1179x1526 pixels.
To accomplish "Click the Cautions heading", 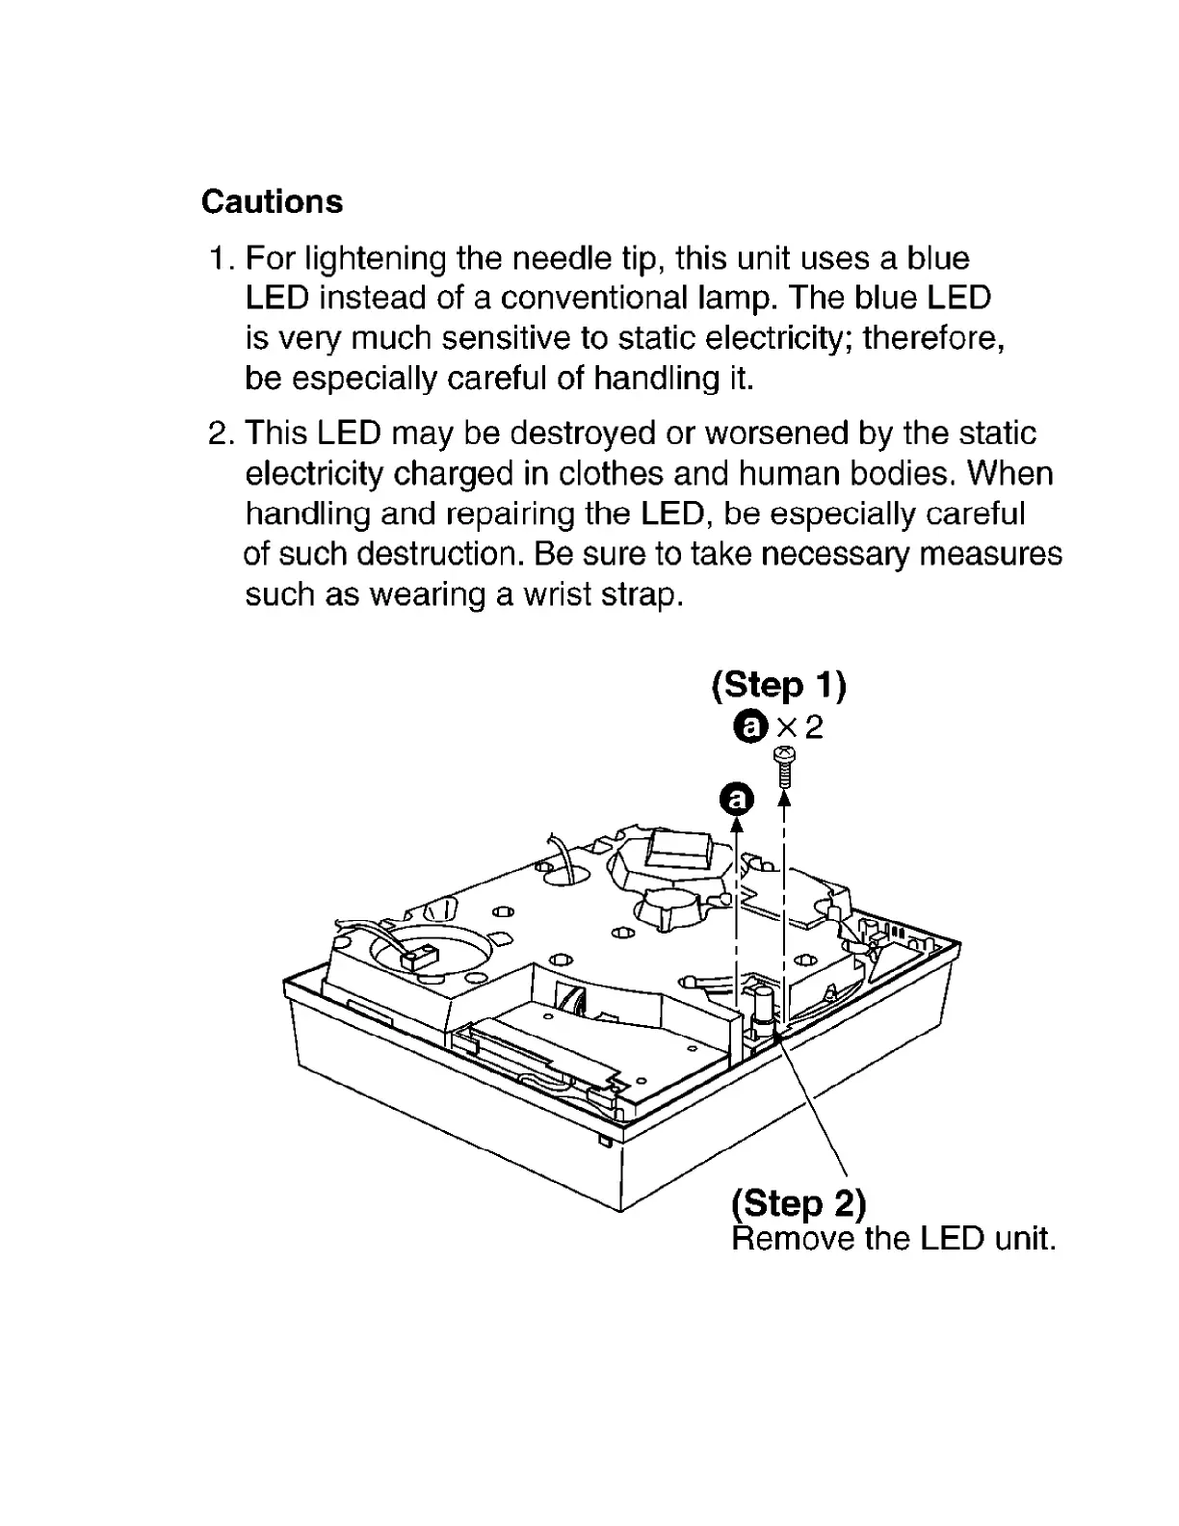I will click(272, 201).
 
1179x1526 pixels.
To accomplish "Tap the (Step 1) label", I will click(778, 685).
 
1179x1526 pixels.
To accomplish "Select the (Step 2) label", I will click(799, 1202).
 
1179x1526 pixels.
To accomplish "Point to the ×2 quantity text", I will click(800, 726).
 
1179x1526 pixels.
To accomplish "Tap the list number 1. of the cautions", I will click(222, 258).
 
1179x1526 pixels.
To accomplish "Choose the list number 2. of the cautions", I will click(222, 434).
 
